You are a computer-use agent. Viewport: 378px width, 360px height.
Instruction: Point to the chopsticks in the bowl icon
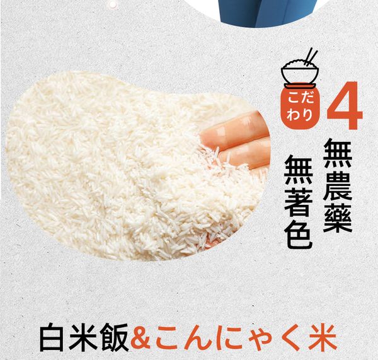tap(311, 57)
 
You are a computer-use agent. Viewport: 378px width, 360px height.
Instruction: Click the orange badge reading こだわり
tap(300, 107)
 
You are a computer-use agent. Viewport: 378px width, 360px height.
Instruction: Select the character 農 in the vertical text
tap(338, 187)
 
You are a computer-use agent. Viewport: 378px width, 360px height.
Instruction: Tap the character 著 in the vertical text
tap(299, 202)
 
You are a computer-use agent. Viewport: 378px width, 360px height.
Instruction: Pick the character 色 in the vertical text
tap(299, 234)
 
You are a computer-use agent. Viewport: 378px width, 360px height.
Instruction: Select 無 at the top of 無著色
tap(299, 171)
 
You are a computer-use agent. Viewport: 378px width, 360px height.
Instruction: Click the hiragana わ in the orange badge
tap(293, 116)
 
